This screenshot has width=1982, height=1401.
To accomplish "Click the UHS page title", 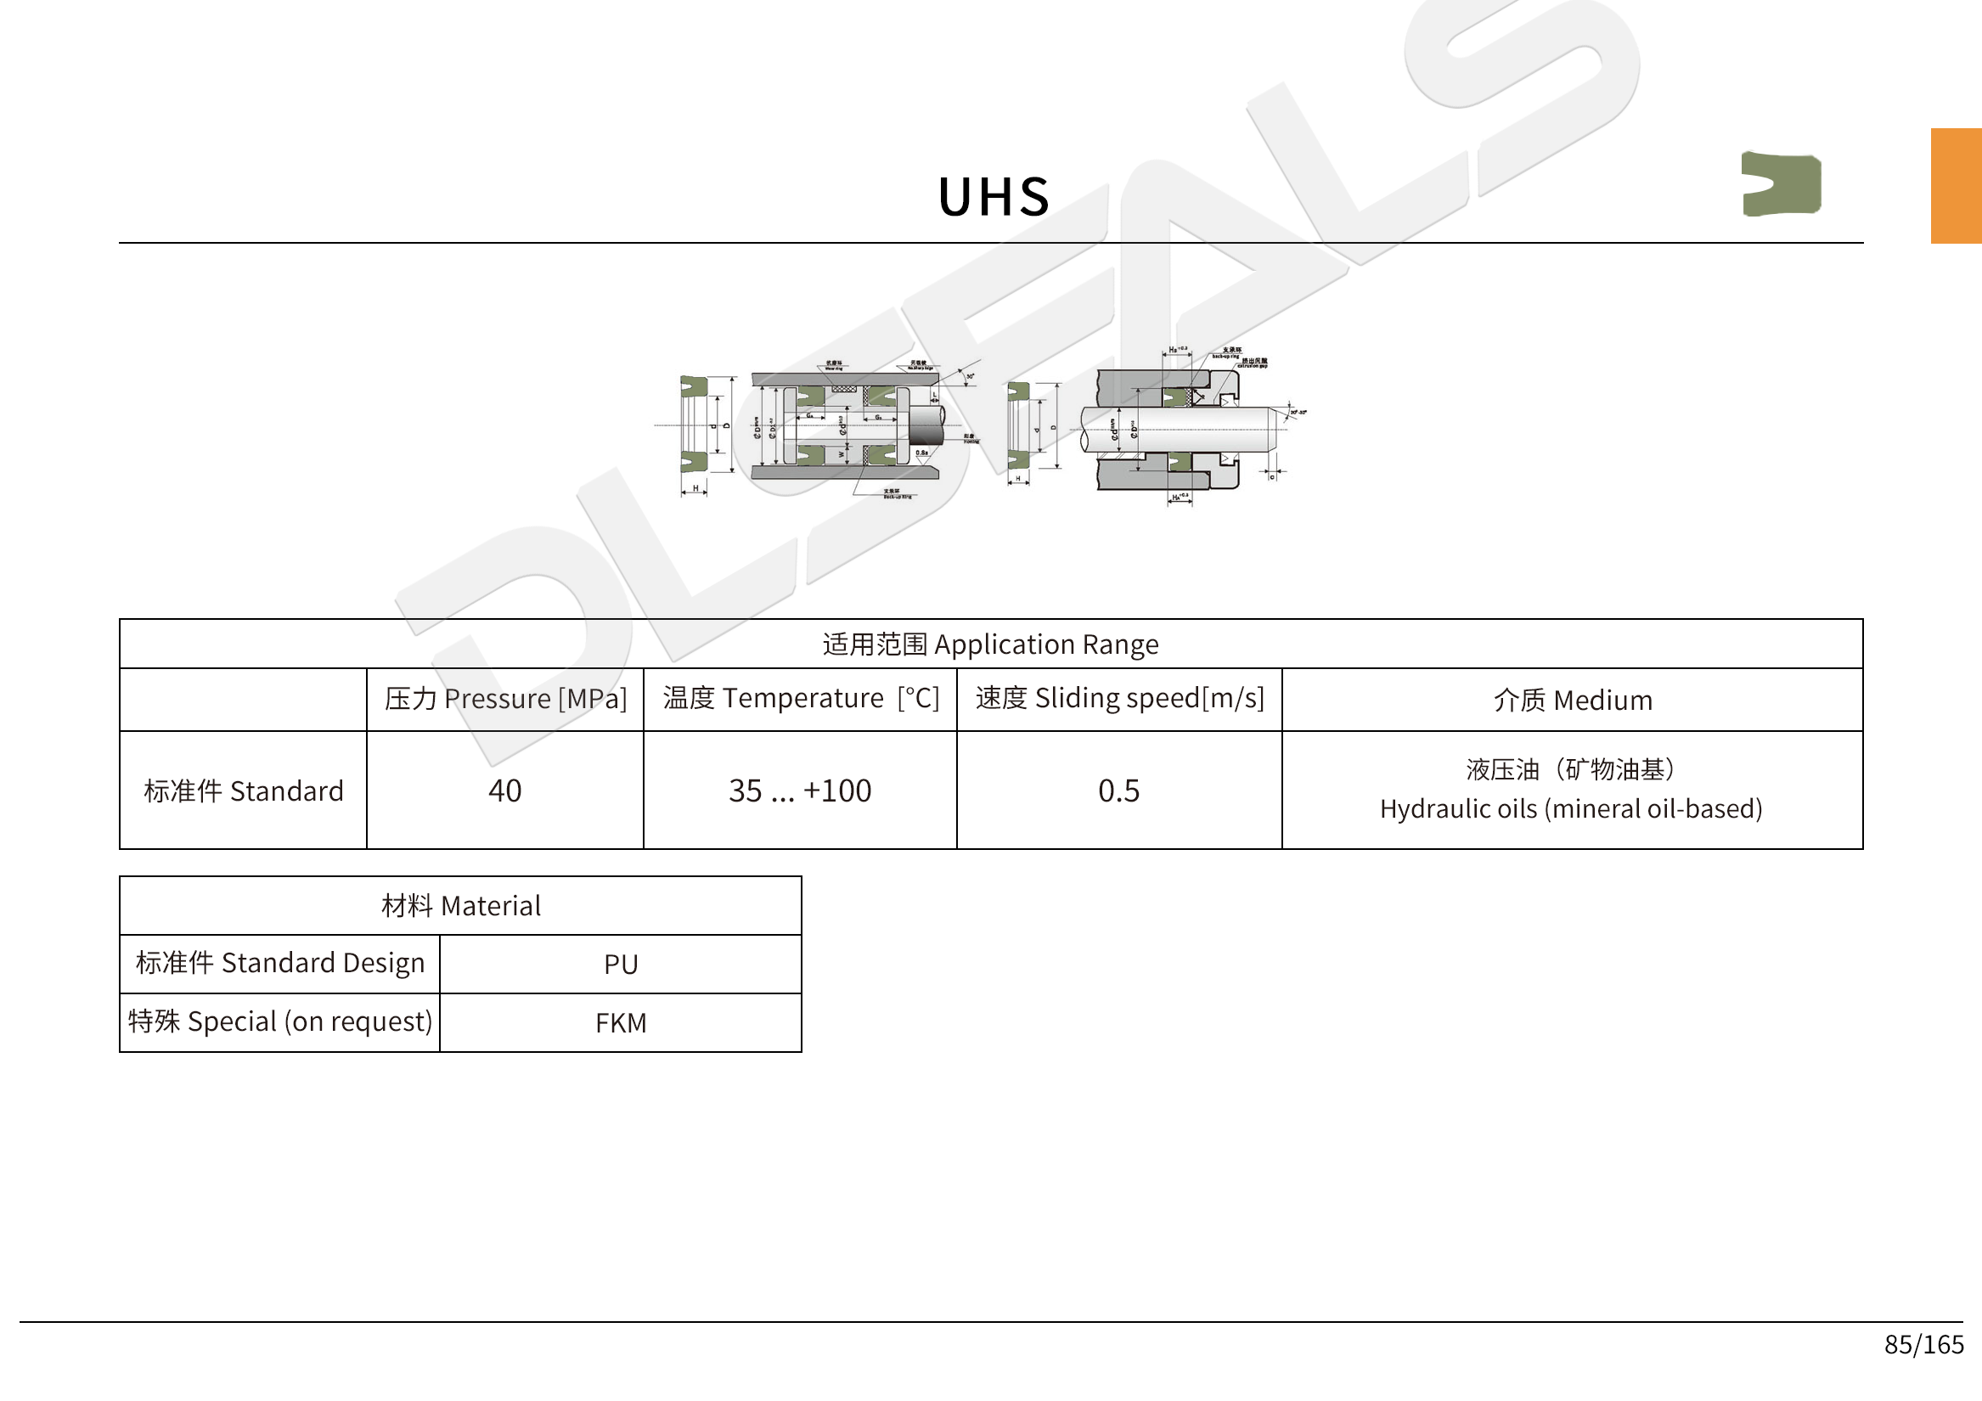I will [994, 197].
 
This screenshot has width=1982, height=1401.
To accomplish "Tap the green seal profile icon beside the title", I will [1780, 184].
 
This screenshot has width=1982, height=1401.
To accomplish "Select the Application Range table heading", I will [990, 644].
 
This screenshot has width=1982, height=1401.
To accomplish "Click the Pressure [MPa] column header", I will [505, 699].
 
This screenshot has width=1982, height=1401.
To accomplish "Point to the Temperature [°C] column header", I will [800, 698].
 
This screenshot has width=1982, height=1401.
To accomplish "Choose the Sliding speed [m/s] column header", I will [1119, 698].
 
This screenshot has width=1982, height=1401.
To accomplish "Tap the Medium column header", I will [1572, 700].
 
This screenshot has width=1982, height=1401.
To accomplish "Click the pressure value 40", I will [505, 791].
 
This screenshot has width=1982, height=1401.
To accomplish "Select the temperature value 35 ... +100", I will [800, 791].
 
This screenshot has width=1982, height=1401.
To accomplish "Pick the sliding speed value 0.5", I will [1118, 791].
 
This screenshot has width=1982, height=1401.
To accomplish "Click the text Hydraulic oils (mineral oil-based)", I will [1571, 809].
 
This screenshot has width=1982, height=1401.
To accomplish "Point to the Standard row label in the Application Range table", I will [244, 791].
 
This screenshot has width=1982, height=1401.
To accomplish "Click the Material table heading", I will [461, 905].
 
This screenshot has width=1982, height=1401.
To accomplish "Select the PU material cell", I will [621, 965].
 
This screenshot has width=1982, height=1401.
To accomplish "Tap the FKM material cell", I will [621, 1023].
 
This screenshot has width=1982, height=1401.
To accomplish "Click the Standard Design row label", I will [279, 964].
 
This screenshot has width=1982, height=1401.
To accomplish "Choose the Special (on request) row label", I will [279, 1022].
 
